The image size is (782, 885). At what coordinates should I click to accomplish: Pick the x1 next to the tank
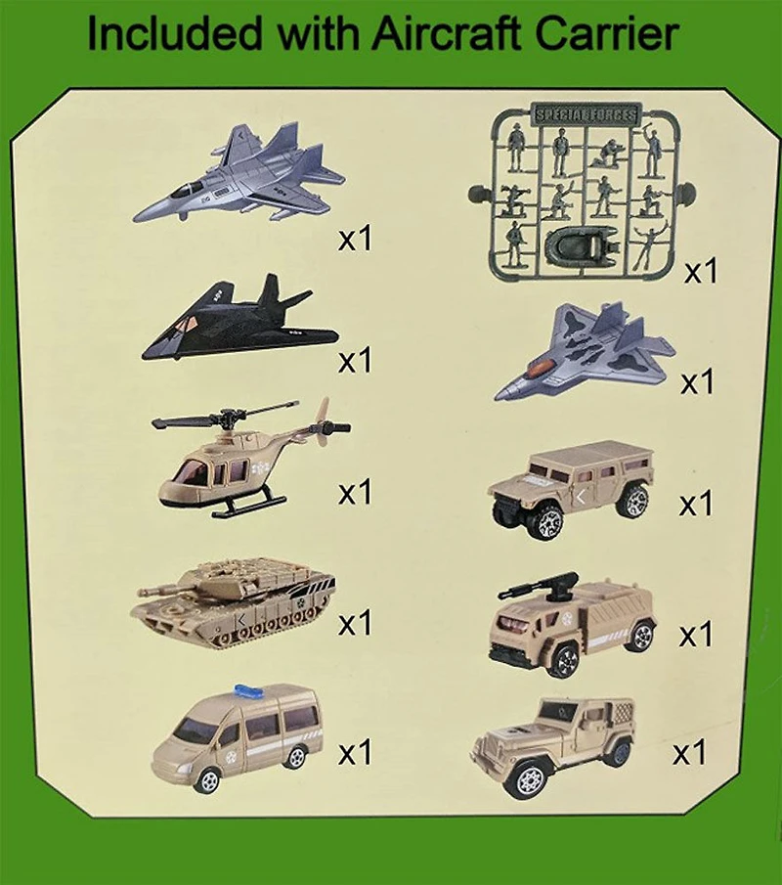tap(357, 621)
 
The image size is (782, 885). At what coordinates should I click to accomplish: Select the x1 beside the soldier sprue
tap(700, 271)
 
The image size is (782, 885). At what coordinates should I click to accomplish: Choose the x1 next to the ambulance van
tap(357, 753)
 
